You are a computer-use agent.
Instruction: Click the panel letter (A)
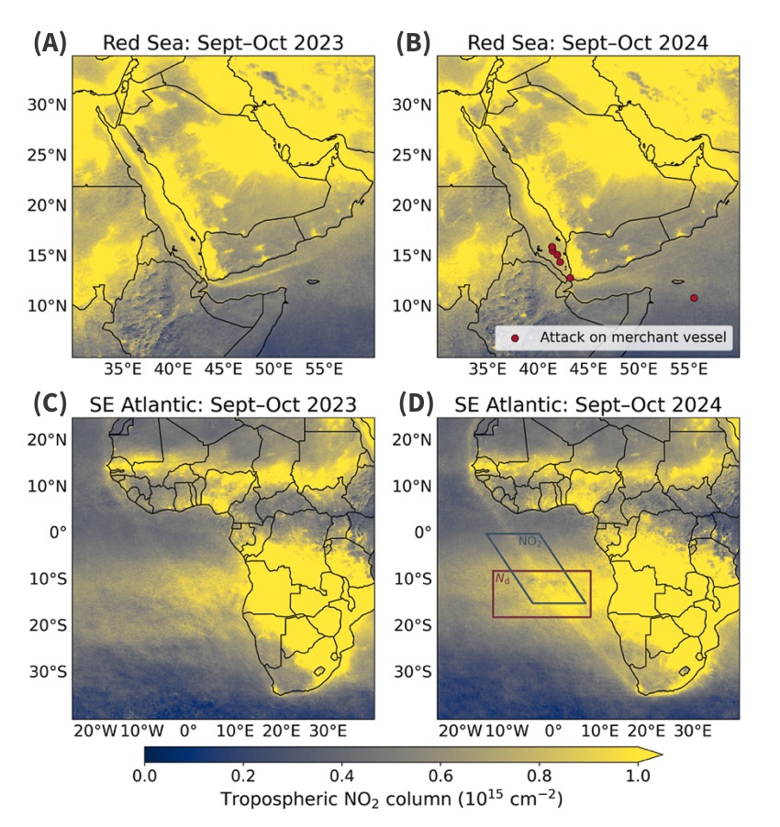coord(50,42)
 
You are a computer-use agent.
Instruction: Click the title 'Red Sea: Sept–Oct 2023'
coord(223,43)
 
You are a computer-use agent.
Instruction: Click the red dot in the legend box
coord(515,338)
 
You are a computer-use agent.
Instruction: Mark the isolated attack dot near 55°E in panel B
coord(694,298)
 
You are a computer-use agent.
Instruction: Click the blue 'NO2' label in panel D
coord(529,542)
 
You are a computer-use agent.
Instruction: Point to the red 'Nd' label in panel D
coord(502,579)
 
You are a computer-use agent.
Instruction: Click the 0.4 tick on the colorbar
coord(342,775)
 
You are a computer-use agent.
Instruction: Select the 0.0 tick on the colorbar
coord(144,775)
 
